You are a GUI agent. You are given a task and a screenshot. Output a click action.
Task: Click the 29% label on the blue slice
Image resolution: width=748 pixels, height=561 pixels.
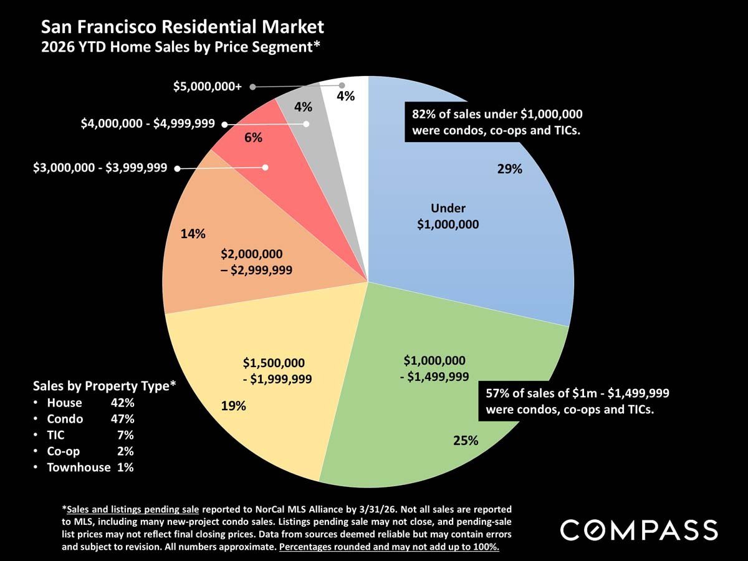click(509, 168)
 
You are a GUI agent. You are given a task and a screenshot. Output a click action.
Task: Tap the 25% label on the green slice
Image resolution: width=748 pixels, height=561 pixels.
click(466, 441)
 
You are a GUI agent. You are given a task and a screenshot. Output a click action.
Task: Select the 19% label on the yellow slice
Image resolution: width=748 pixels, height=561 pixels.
click(234, 406)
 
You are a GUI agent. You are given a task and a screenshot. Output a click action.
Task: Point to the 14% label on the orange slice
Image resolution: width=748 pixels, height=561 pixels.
click(193, 234)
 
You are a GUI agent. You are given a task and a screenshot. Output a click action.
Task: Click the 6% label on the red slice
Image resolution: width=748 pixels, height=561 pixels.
click(253, 138)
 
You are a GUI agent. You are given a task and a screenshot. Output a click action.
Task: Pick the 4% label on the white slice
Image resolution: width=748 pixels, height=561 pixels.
click(345, 96)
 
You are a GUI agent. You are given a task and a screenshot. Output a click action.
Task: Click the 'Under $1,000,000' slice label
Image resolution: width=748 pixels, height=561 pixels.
click(448, 216)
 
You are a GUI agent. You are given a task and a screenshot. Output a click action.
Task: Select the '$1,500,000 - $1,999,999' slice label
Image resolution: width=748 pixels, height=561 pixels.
click(277, 370)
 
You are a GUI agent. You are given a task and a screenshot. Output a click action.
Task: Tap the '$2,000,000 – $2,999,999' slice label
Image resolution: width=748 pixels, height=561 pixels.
click(256, 262)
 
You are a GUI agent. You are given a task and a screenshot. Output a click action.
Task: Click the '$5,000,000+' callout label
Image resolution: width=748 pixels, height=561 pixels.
click(208, 87)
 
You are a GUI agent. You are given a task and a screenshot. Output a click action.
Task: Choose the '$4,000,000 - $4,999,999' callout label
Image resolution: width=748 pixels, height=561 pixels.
click(148, 124)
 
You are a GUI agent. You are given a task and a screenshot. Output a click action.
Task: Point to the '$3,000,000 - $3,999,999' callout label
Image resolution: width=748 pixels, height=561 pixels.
click(100, 168)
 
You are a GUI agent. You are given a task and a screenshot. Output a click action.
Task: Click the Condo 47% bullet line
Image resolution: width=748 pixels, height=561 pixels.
click(90, 419)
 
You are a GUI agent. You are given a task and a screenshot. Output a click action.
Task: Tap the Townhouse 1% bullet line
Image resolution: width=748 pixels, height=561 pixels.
click(90, 467)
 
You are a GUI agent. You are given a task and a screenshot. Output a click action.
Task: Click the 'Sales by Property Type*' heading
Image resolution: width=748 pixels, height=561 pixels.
click(104, 386)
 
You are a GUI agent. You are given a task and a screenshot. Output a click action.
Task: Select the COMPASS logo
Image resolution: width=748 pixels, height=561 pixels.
click(639, 530)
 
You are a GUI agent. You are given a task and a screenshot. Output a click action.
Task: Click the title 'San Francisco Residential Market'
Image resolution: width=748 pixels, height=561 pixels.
click(183, 27)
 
